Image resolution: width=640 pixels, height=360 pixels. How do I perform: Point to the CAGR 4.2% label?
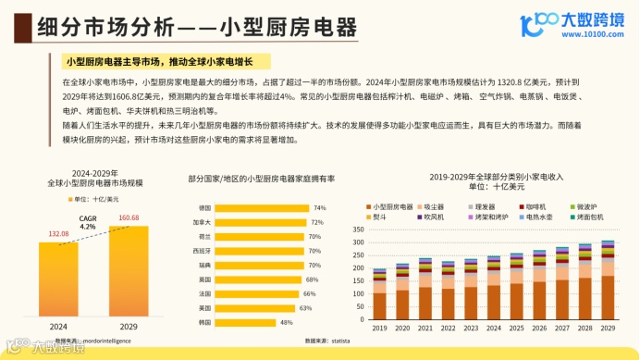88,223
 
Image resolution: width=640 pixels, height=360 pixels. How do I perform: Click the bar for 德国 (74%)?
263,208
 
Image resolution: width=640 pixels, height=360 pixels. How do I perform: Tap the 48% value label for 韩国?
287,322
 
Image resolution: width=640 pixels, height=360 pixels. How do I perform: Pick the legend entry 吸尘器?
436,206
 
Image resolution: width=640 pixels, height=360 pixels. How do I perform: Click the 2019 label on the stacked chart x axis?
379,328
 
